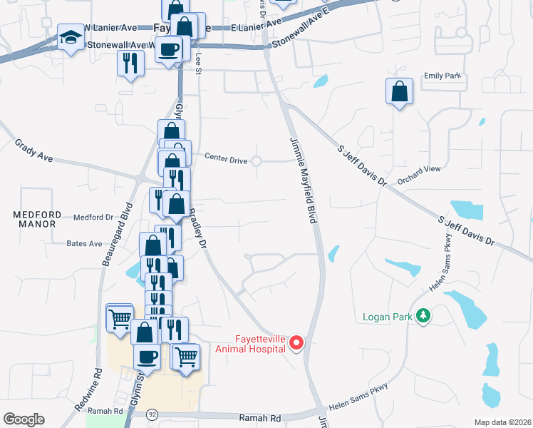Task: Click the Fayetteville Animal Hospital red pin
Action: (296, 344)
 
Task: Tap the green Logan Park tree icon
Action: (423, 315)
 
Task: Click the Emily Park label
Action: (443, 76)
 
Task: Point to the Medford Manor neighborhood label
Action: (33, 218)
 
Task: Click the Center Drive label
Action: (226, 160)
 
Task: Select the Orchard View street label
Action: (419, 175)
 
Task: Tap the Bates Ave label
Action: (84, 243)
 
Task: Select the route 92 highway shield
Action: (152, 413)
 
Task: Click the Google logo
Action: (24, 419)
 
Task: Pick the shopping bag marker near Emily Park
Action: (399, 91)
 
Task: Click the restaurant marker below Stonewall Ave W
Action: (130, 63)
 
